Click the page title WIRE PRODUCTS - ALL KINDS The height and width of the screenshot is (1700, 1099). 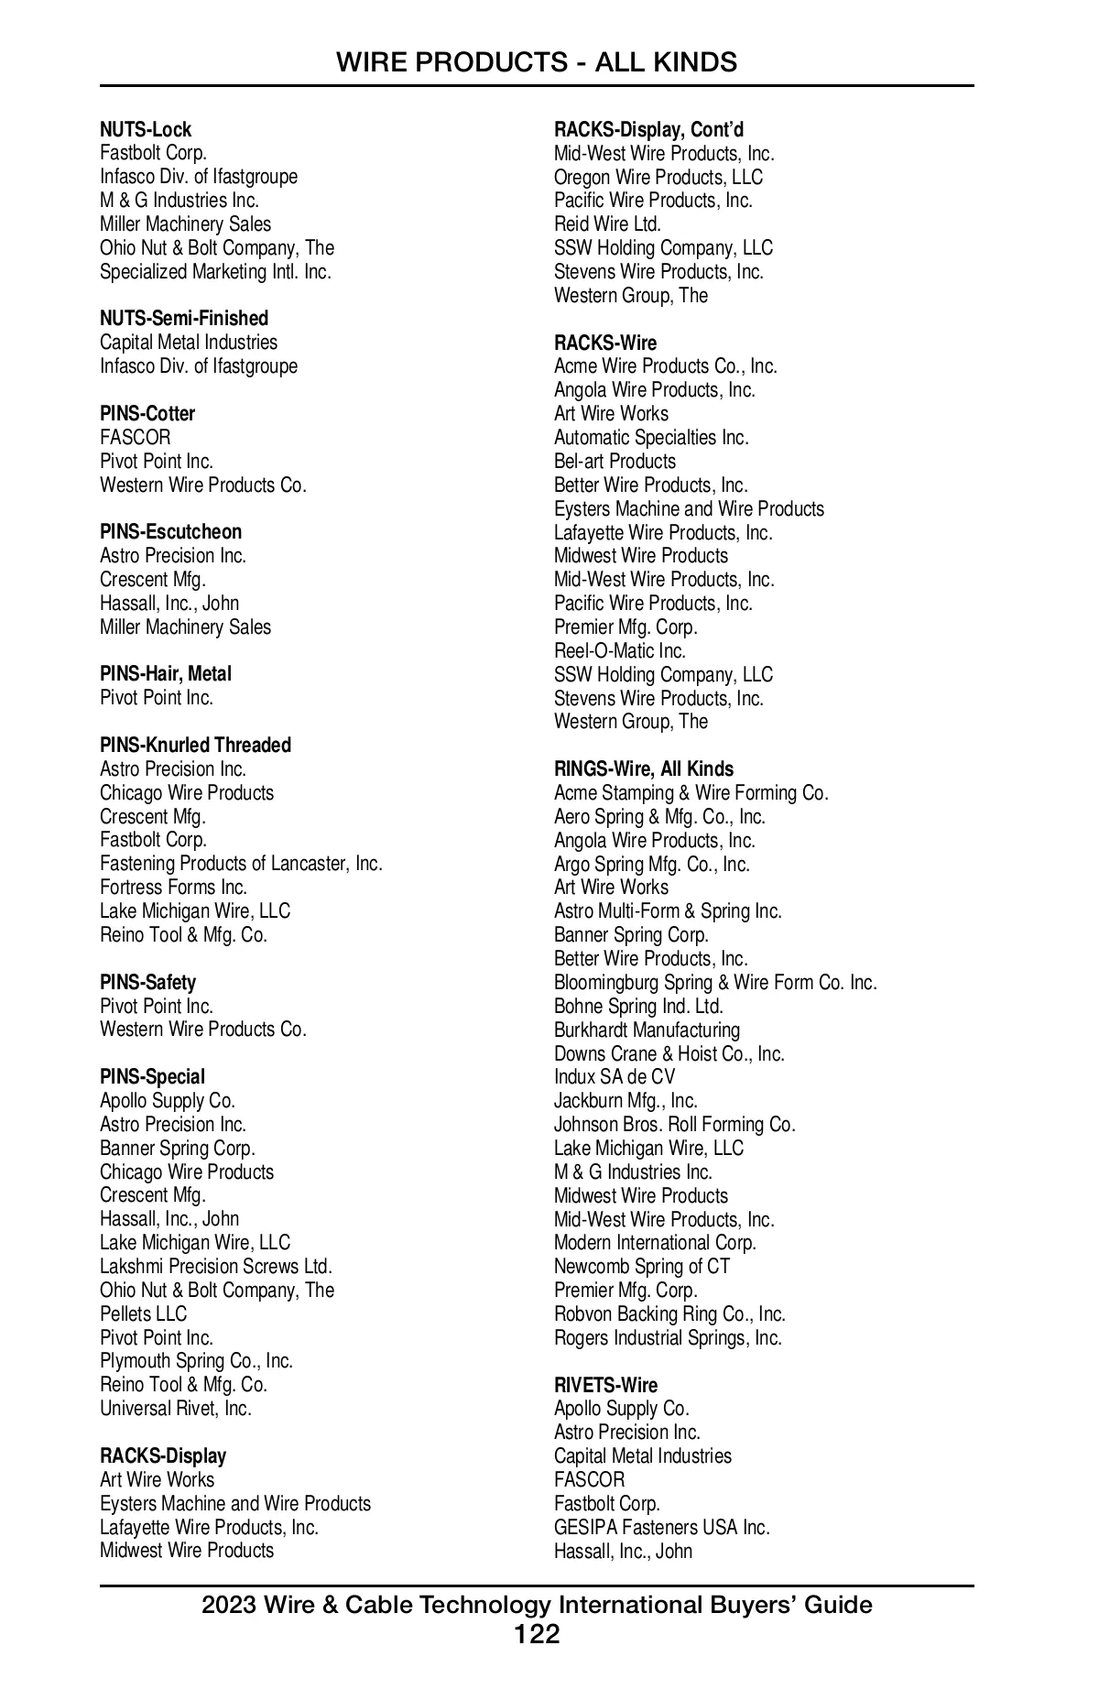click(536, 62)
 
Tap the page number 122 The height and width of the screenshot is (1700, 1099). click(537, 1633)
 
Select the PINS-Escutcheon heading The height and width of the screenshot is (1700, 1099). click(170, 532)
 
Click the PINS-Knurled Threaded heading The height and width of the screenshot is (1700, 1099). click(195, 746)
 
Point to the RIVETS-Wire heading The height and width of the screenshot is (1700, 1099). click(605, 1385)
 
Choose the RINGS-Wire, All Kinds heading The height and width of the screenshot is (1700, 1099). click(643, 769)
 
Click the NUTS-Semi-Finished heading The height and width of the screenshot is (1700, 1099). click(184, 319)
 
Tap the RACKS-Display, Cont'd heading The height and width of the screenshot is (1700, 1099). click(648, 130)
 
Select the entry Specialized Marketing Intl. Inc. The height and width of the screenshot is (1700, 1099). click(215, 272)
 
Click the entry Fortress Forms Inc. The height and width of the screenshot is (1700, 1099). click(173, 888)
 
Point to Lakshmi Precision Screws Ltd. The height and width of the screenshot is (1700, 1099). click(215, 1267)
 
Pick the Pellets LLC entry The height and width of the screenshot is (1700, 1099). click(143, 1314)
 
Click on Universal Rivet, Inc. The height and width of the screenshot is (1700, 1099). click(175, 1409)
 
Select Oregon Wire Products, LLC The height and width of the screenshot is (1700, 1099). click(658, 178)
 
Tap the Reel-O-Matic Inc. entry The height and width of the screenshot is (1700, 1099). click(619, 651)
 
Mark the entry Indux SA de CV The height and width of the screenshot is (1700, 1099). click(614, 1077)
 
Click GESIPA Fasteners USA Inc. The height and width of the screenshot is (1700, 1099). click(661, 1528)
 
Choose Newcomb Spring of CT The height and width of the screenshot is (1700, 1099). click(641, 1267)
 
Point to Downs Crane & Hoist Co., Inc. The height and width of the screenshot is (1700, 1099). click(669, 1054)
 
